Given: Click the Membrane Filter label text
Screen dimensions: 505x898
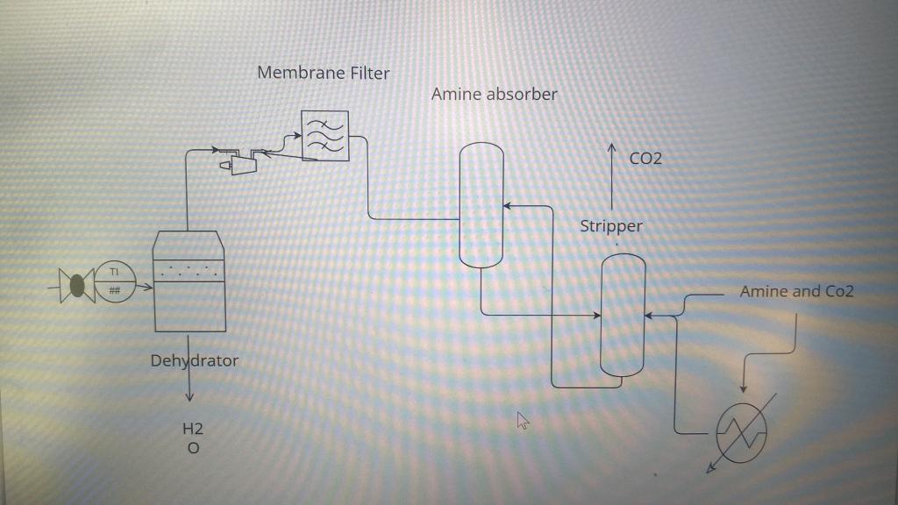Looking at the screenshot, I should tap(324, 73).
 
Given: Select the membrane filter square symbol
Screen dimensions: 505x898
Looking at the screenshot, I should tap(324, 136).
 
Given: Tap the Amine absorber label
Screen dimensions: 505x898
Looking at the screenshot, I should tap(494, 94).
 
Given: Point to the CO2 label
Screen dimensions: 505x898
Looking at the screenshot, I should tap(645, 159).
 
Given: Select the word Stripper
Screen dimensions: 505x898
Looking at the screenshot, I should tap(611, 226).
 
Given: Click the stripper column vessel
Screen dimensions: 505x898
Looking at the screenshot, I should tap(623, 316).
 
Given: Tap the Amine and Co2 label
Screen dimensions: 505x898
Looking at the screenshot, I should tap(796, 292).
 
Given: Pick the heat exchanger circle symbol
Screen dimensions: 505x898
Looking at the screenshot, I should tap(741, 429).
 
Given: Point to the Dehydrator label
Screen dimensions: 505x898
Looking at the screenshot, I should tap(194, 360).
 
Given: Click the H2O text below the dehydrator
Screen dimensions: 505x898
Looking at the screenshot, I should tap(193, 438).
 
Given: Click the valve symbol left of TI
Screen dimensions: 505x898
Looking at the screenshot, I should tap(76, 285).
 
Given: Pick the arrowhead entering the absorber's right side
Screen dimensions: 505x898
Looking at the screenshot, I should tap(507, 207).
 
